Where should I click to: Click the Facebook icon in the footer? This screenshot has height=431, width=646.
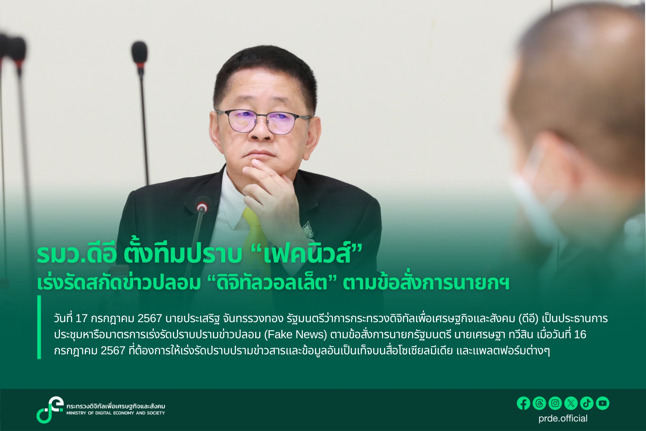pyautogui.click(x=523, y=403)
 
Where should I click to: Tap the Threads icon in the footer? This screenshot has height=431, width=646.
pyautogui.click(x=539, y=403)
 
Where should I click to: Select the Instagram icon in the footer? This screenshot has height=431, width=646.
pyautogui.click(x=555, y=403)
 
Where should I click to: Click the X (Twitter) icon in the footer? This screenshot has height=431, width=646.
pyautogui.click(x=571, y=403)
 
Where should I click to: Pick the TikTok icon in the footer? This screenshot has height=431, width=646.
pyautogui.click(x=587, y=403)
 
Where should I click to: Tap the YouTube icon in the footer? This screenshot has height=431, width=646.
pyautogui.click(x=603, y=403)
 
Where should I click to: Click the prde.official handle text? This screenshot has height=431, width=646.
pyautogui.click(x=563, y=418)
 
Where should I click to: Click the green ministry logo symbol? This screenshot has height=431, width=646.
pyautogui.click(x=50, y=410)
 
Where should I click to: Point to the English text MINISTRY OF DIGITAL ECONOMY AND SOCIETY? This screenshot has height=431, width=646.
pyautogui.click(x=115, y=413)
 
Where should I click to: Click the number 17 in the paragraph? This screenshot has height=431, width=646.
pyautogui.click(x=81, y=319)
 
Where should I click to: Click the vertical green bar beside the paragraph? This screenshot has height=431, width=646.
pyautogui.click(x=39, y=327)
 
